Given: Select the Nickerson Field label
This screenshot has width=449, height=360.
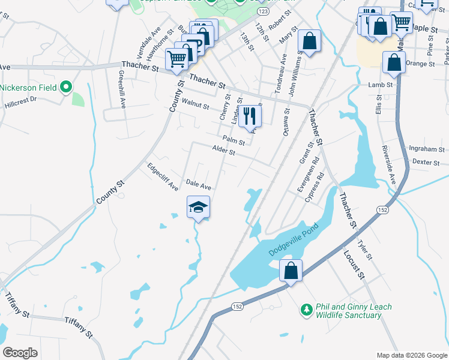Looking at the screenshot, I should [28, 88].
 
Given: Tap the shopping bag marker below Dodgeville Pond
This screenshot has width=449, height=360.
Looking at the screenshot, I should [291, 271].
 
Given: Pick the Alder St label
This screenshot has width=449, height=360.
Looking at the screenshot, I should [223, 151].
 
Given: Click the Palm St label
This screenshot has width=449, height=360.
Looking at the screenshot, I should [234, 140].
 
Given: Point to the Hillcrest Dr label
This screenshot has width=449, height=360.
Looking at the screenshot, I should [22, 100].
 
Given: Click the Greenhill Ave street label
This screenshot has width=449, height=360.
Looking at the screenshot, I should [122, 89].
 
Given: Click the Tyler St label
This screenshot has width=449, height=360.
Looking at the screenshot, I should [365, 249].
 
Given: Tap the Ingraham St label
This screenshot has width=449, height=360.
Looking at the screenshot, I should [426, 149].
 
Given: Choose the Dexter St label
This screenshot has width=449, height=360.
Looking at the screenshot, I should [426, 162].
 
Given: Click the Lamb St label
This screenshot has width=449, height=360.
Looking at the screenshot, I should [381, 85].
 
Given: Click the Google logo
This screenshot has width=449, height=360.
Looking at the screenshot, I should [20, 352].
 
